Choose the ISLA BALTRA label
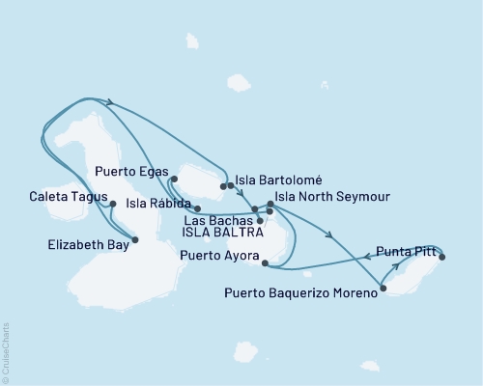click(219, 234)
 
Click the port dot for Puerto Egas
click(173, 179)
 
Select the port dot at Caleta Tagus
click(113, 204)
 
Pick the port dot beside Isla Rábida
click(197, 207)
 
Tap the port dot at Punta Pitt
click(441, 256)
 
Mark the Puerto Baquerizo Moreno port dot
click(384, 287)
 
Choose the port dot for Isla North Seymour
click(270, 205)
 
